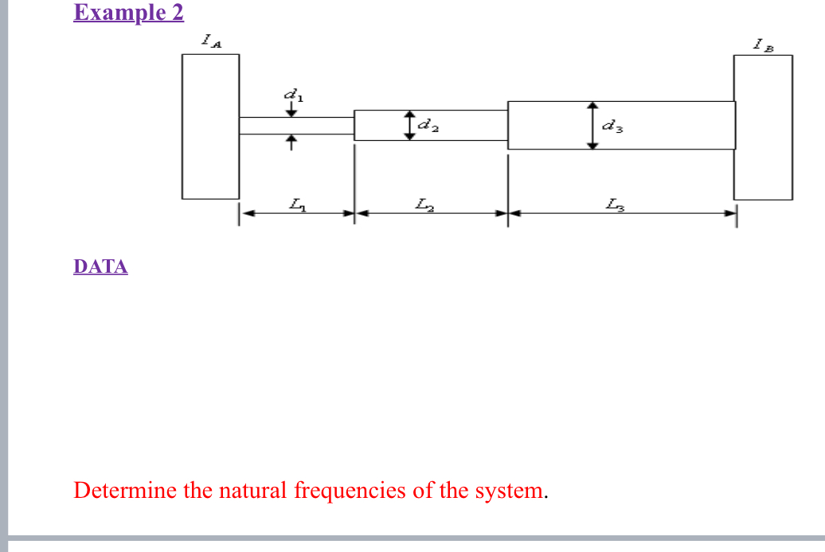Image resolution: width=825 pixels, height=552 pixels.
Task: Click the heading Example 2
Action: tap(128, 13)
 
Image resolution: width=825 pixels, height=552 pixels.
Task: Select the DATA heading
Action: tap(100, 266)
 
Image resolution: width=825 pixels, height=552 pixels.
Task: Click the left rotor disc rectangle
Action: tap(210, 126)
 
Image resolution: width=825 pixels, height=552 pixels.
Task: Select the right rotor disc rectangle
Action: tap(763, 127)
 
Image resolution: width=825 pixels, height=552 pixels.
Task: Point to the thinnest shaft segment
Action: tap(296, 126)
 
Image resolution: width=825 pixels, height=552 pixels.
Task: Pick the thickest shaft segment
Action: tap(661, 125)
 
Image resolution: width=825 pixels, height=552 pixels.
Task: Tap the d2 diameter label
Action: tap(428, 125)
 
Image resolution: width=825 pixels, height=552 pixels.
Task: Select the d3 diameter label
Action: tap(612, 125)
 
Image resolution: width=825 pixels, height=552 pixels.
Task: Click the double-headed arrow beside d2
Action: tap(410, 125)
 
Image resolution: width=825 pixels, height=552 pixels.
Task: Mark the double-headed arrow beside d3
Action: tap(592, 125)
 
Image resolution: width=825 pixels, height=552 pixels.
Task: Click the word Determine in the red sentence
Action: tap(124, 490)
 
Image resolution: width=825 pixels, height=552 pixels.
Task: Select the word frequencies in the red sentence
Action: tap(350, 490)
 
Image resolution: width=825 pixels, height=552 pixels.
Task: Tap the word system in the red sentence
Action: tap(509, 490)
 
